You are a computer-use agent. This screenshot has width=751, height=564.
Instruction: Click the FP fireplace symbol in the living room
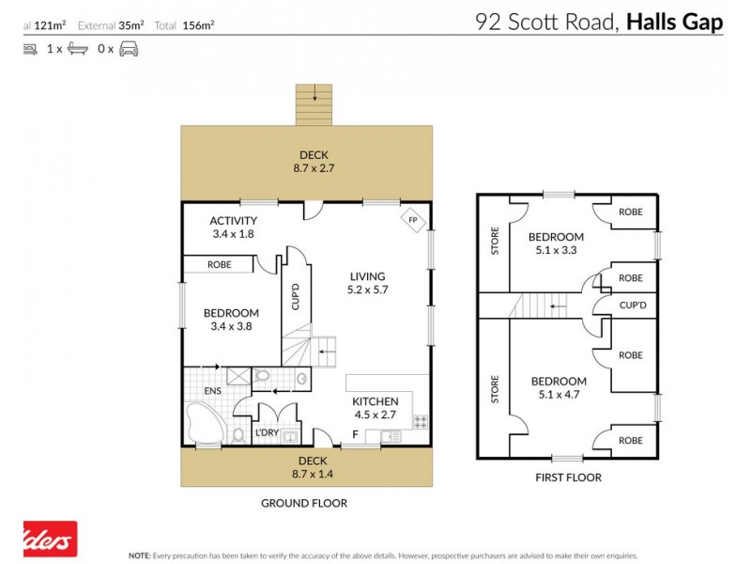(x=411, y=221)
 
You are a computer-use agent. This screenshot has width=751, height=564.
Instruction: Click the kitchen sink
(x=390, y=435)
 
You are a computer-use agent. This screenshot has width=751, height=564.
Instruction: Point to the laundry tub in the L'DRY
(x=290, y=436)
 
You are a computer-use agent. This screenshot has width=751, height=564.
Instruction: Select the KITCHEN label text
(x=375, y=400)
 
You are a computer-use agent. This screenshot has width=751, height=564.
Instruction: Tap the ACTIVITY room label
(x=233, y=221)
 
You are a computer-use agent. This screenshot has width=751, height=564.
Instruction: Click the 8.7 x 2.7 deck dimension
(x=313, y=168)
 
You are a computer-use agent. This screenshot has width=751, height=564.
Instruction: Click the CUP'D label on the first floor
(x=631, y=305)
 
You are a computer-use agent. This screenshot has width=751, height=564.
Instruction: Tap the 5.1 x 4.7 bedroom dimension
(x=559, y=395)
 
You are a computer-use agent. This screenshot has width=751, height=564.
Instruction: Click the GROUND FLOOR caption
(x=303, y=503)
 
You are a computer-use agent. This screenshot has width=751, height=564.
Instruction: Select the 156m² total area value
(x=199, y=25)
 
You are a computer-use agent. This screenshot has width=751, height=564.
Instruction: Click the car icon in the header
(x=129, y=49)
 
